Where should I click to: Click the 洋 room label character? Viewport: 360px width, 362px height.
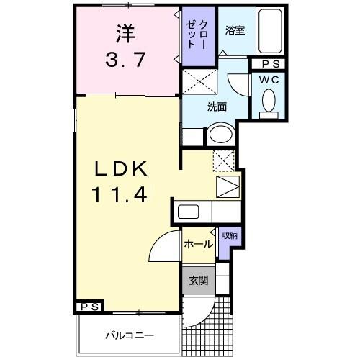pyautogui.click(x=125, y=34)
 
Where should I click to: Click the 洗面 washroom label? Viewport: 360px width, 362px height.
pyautogui.click(x=217, y=107)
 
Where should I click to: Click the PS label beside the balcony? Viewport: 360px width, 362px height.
pyautogui.click(x=90, y=307)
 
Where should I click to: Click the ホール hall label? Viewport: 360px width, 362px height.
pyautogui.click(x=197, y=244)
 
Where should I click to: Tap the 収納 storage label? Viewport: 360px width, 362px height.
pyautogui.click(x=229, y=235)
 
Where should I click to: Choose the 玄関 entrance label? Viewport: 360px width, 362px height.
pyautogui.click(x=197, y=281)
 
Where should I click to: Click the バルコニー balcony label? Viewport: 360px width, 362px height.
pyautogui.click(x=129, y=335)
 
